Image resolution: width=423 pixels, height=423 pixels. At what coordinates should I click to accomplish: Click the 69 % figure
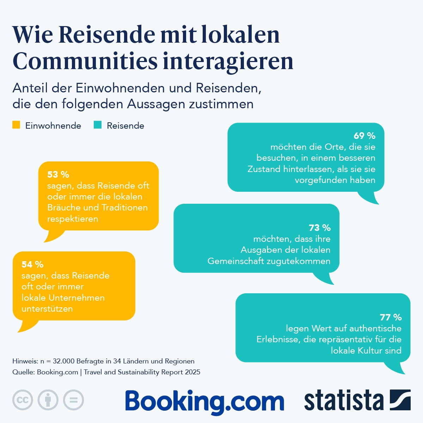[x=364, y=136]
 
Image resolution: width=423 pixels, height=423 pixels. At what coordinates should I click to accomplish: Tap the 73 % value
[x=320, y=228]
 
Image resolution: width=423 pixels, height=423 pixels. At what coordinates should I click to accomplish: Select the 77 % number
[x=391, y=317]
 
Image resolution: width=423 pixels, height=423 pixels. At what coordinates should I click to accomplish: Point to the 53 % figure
[x=58, y=174]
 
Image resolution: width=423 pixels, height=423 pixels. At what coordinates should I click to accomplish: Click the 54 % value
[x=32, y=264]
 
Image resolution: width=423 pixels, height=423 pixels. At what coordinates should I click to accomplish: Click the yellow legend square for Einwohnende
[x=16, y=125]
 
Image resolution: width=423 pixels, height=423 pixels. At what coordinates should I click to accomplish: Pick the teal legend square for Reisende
[x=98, y=125]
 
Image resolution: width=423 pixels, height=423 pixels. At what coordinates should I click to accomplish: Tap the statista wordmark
[x=344, y=401]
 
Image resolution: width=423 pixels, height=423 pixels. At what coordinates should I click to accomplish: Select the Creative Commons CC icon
[x=23, y=400]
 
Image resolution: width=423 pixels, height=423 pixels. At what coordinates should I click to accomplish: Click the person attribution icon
[x=48, y=400]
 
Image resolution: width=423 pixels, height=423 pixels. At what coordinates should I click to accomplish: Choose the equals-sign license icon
[x=73, y=400]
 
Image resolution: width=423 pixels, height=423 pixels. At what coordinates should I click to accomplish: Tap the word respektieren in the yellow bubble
[x=73, y=219]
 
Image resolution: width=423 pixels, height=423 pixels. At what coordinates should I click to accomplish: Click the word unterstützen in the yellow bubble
[x=47, y=309]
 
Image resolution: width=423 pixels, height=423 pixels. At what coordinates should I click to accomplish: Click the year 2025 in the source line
[x=192, y=372]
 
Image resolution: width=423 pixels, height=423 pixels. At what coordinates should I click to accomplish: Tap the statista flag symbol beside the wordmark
[x=400, y=400]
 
